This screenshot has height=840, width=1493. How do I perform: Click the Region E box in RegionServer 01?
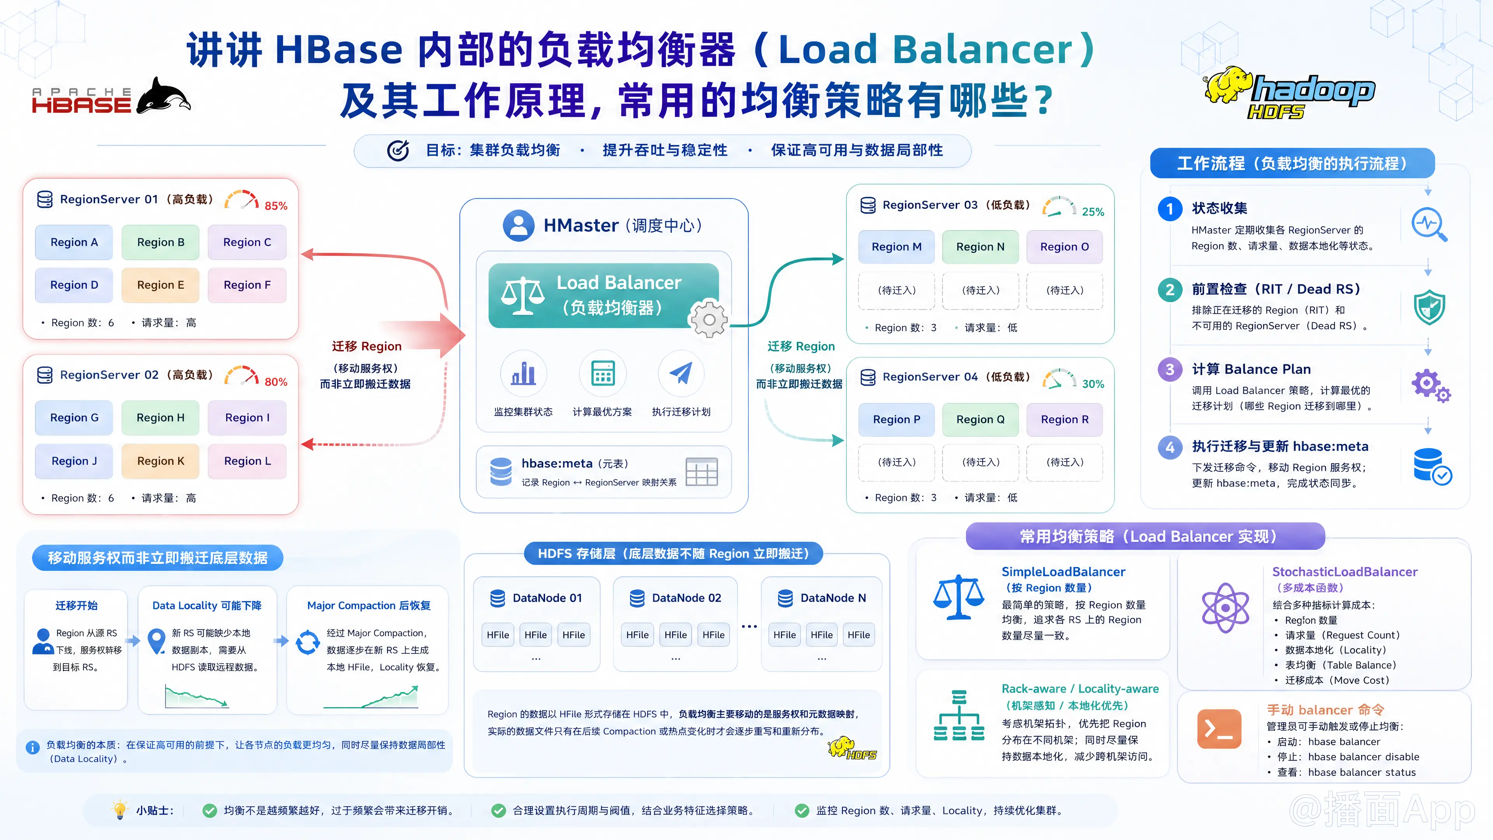161,285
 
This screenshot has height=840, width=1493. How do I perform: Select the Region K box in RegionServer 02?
161,461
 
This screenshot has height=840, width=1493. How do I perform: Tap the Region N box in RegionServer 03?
980,247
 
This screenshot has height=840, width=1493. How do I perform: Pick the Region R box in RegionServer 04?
1065,419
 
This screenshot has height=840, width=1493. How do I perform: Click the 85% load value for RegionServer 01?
276,206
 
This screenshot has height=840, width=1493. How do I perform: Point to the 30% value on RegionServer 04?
1093,384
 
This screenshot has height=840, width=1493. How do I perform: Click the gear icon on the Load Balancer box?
708,319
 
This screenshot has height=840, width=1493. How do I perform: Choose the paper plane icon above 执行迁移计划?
681,373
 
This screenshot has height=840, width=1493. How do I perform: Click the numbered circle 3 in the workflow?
1170,369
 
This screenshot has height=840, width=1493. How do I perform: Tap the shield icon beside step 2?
1429,307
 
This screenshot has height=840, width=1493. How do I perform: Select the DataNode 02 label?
686,598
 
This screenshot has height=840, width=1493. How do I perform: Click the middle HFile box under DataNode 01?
535,635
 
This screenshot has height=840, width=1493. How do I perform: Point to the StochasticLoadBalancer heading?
1344,572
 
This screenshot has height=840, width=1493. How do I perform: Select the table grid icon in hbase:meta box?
701,471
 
